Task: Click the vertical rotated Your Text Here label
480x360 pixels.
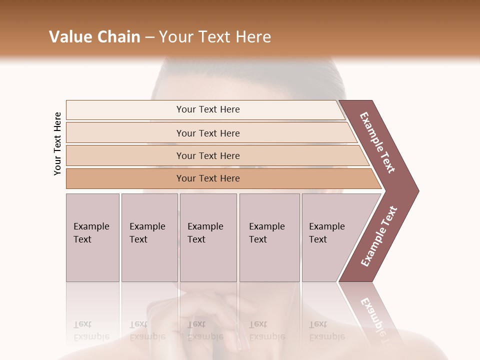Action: (x=57, y=144)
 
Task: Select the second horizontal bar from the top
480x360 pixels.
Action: (x=207, y=133)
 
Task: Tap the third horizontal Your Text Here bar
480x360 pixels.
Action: (x=207, y=155)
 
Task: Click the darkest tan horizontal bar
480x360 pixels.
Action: (x=207, y=178)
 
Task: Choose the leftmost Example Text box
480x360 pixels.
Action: (x=92, y=237)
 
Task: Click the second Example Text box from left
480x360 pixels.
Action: (x=149, y=237)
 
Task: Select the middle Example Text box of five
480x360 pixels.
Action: (x=208, y=237)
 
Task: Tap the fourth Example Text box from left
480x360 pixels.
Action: (x=269, y=237)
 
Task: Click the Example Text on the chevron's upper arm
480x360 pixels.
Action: (x=377, y=142)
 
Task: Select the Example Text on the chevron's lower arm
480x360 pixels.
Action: (x=378, y=236)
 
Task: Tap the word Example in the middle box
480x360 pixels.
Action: (x=205, y=226)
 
